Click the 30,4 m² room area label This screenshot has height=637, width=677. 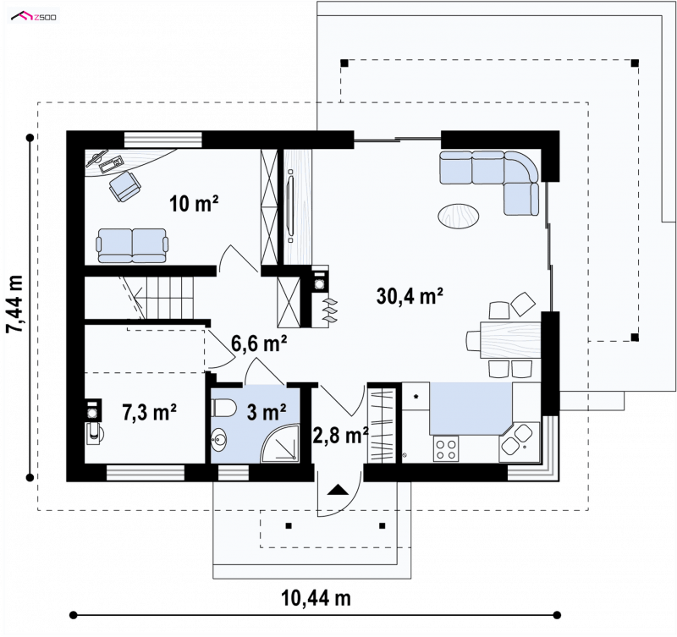tap(410, 296)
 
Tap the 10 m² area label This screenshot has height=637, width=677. tap(194, 203)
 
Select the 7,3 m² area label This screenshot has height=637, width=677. tap(149, 412)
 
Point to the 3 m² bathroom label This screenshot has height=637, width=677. tap(267, 412)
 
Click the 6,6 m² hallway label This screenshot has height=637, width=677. tap(259, 343)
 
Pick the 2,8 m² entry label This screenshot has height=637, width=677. tap(341, 436)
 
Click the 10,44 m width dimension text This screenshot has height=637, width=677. tap(316, 598)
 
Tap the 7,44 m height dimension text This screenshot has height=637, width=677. tap(14, 305)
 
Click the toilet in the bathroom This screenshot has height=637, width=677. tap(223, 408)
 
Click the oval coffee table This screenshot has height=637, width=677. tap(458, 216)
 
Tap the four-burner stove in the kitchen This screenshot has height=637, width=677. tap(446, 449)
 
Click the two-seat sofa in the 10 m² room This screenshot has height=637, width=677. tap(132, 245)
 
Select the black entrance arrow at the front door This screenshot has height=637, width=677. tap(338, 490)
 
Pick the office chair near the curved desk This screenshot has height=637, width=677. tap(125, 186)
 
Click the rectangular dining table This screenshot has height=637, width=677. tap(510, 340)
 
